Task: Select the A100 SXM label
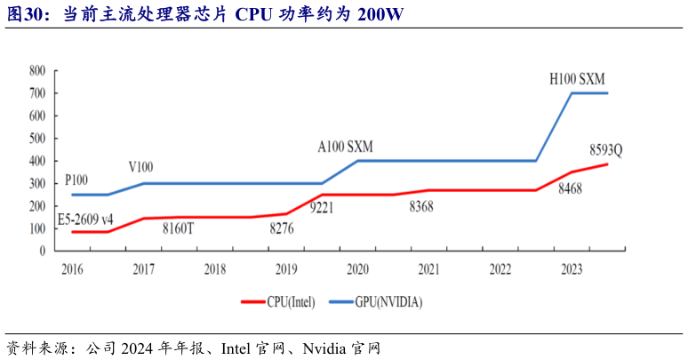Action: click(x=347, y=146)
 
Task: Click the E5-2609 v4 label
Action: click(x=85, y=218)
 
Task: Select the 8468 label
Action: click(x=570, y=188)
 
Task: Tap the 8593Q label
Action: click(x=605, y=149)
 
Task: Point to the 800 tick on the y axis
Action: click(x=37, y=70)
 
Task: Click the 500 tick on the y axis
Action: click(x=37, y=139)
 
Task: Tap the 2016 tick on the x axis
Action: click(x=71, y=268)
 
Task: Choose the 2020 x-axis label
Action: click(x=357, y=268)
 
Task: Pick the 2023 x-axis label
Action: click(x=572, y=268)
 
